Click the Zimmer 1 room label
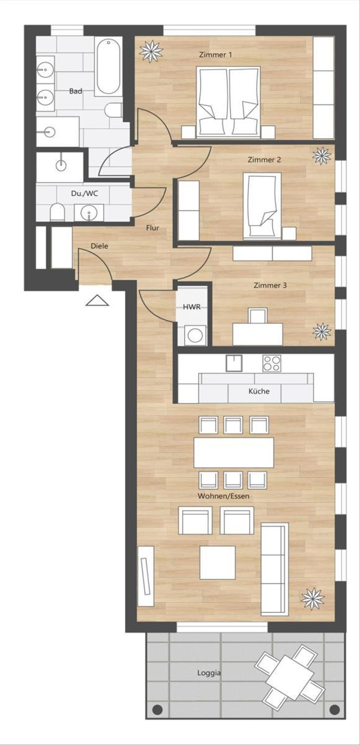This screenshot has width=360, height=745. (215, 55)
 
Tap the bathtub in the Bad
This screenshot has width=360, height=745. (108, 66)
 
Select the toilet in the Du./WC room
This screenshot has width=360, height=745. (57, 212)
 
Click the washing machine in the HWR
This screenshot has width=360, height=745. (195, 335)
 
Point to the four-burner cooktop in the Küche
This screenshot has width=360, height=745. (272, 363)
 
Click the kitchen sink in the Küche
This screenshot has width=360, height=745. (234, 363)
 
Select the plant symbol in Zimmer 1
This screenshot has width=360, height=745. (151, 52)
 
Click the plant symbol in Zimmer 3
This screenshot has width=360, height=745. (322, 332)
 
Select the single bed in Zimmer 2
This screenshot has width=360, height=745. (262, 206)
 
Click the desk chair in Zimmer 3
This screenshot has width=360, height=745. (258, 315)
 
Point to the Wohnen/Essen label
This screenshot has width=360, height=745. (223, 496)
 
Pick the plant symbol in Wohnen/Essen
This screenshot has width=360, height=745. (313, 599)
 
